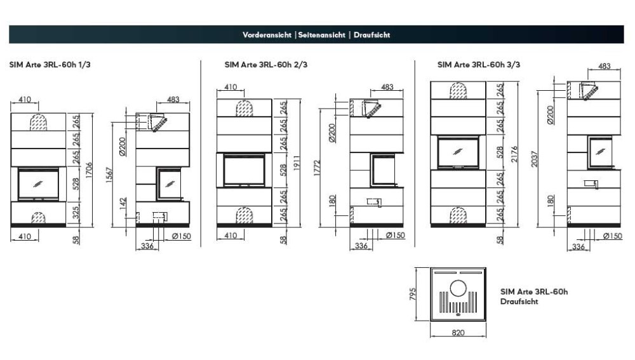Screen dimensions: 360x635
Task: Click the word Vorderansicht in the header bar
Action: [267, 35]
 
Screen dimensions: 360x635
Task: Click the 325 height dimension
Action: [76, 213]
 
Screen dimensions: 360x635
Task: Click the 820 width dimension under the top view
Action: [458, 331]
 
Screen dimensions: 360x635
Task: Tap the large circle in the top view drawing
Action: [458, 291]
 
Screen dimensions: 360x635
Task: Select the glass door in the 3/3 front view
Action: [457, 150]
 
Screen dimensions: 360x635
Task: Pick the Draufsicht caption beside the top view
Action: [519, 302]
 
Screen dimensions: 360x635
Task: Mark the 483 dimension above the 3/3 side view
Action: [605, 66]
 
